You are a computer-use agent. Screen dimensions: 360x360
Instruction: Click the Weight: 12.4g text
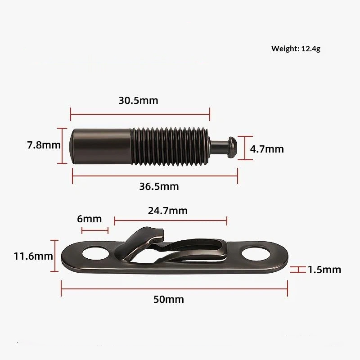(x=296, y=49)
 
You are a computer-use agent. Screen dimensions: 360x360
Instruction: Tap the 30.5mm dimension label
(x=139, y=100)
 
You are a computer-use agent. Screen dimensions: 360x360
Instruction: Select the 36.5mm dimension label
(x=159, y=186)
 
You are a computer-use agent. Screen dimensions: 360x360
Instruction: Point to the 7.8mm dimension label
(x=44, y=145)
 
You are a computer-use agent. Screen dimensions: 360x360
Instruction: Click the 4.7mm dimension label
(x=267, y=149)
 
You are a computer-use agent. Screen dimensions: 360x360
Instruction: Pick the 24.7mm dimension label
(x=167, y=211)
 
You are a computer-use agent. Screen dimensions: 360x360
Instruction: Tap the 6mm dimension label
(x=89, y=219)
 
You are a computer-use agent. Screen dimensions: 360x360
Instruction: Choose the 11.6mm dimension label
(x=33, y=256)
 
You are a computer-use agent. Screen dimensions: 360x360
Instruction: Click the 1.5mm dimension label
(x=324, y=270)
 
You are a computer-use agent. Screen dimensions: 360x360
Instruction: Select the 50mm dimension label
(x=169, y=299)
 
